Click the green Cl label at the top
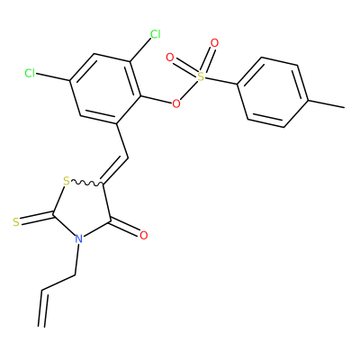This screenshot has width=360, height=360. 156,34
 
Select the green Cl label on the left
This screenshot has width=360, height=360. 30,73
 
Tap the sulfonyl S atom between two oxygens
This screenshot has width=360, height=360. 201,76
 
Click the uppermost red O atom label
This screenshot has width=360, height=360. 214,43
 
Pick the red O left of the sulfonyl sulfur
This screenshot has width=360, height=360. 170,58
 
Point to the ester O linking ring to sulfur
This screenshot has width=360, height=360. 176,103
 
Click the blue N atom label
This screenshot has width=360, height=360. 78,238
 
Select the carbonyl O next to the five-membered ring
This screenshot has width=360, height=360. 144,235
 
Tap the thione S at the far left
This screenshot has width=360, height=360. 16,222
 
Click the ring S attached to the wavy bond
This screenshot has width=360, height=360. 67,181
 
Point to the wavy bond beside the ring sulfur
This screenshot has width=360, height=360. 87,183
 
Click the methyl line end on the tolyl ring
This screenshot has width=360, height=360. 344,107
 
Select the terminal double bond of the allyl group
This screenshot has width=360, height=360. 42,308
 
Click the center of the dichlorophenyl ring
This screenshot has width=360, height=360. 105,89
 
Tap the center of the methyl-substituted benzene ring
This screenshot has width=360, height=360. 273,92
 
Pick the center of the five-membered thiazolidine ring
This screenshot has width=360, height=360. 84,207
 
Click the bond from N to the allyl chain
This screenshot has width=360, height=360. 76,259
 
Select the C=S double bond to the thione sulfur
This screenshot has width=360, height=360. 37,219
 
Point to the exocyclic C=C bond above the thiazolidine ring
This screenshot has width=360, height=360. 114,169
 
